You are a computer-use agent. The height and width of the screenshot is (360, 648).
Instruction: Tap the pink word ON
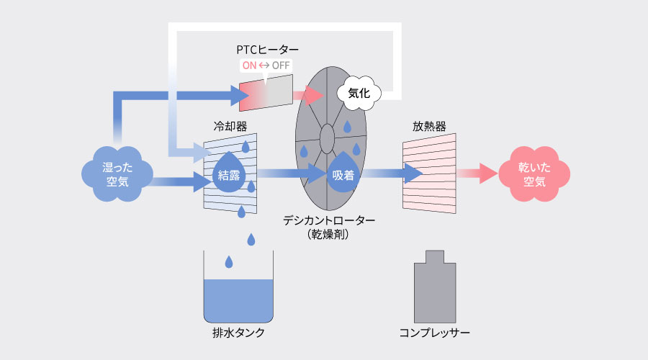249,66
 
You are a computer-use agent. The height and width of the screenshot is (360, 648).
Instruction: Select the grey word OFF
281,66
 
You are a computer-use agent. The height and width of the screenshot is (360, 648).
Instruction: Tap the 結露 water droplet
230,173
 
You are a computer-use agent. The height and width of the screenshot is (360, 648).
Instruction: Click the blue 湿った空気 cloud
116,173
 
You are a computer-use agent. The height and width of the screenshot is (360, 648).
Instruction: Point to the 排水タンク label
238,333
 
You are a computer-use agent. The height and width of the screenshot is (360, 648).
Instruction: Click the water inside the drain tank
238,300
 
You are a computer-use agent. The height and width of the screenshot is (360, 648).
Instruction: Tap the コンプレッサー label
435,333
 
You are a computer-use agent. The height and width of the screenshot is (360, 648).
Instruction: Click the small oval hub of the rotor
326,135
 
